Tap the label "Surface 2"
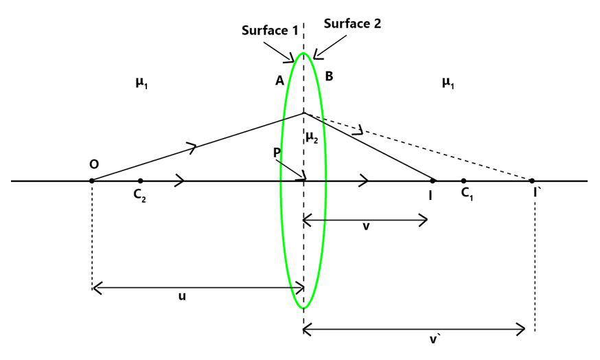(352, 23)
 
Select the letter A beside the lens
(279, 80)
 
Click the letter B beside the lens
(329, 76)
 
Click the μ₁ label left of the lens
(142, 83)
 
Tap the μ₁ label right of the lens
(448, 83)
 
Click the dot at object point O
(91, 181)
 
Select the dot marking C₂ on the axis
(140, 181)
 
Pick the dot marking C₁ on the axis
(463, 181)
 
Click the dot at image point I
(432, 181)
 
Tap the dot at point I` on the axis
(532, 181)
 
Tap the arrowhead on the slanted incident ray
(193, 146)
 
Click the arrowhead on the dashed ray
(357, 131)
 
